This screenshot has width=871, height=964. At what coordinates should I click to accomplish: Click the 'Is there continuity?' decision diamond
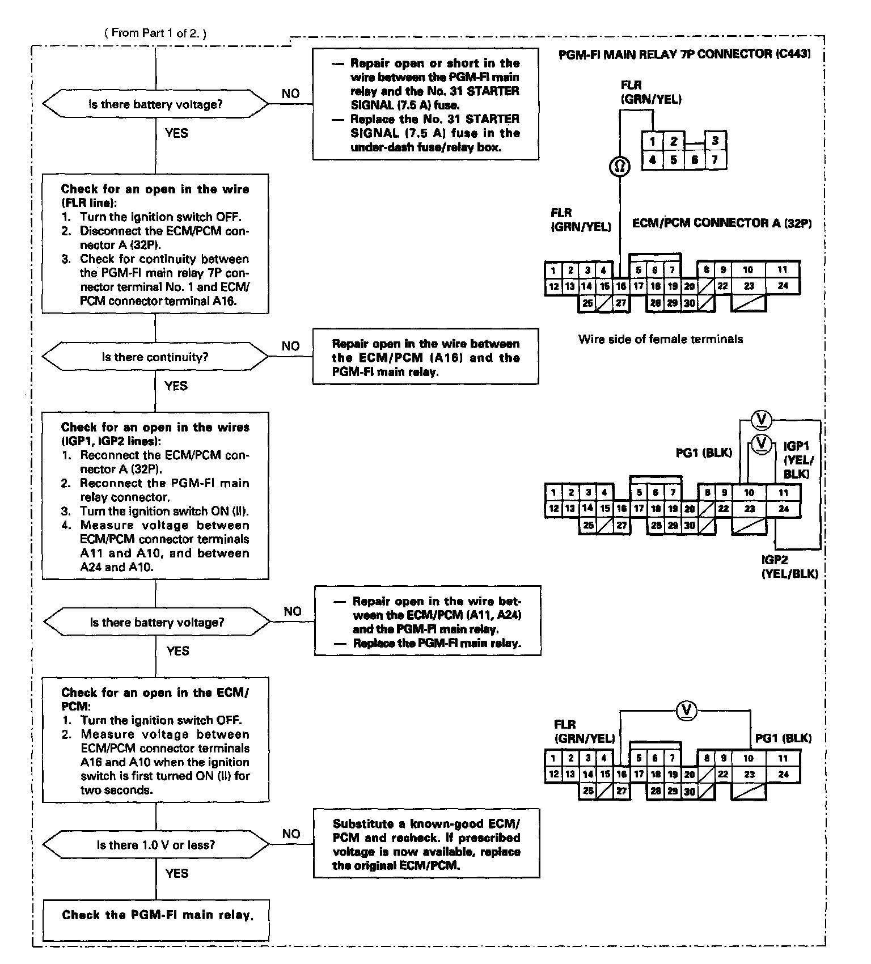point(155,357)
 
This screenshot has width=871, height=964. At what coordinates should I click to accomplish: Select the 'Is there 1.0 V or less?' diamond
point(155,845)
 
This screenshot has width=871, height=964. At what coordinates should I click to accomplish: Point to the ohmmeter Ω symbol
point(620,166)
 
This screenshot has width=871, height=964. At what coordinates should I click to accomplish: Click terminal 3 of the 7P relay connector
point(715,141)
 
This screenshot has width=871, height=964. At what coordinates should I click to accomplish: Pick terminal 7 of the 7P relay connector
point(715,160)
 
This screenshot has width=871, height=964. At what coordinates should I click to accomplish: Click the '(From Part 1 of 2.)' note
point(155,33)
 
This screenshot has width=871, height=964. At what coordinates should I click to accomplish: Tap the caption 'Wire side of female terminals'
point(660,339)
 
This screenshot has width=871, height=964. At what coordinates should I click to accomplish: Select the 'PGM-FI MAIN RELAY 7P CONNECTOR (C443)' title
point(684,54)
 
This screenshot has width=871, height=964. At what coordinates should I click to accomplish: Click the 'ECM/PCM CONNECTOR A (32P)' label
point(721,223)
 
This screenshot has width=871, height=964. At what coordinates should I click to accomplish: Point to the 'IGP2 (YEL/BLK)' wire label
point(789,566)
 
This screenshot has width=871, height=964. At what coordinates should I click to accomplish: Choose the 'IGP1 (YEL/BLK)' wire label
point(798,460)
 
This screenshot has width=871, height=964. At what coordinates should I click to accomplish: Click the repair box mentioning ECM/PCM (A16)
point(425,357)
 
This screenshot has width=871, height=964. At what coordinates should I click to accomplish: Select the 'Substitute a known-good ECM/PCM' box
point(426,844)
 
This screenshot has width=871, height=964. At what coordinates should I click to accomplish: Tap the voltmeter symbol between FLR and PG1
point(687,709)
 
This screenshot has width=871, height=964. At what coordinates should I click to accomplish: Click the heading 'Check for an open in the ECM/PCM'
point(155,699)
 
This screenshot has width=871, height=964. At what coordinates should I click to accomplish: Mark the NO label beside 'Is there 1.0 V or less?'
point(291,834)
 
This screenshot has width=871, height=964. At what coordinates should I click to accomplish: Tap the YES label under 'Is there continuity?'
point(176,386)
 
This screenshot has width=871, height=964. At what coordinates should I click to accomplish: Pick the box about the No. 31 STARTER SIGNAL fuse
point(425,105)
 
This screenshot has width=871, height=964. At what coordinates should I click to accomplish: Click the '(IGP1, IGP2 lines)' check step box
point(155,496)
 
